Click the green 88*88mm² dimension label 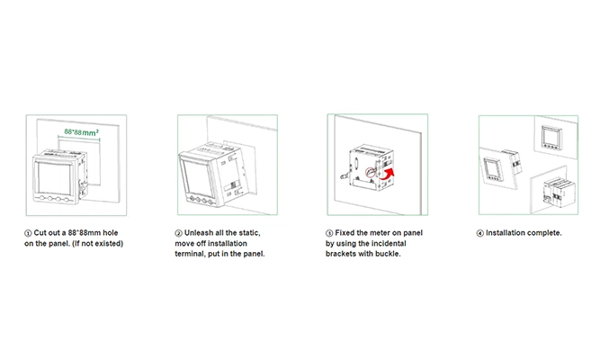click(x=82, y=132)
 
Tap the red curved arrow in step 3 click(x=389, y=175)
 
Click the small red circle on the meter click(x=371, y=172)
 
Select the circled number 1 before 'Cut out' click(x=28, y=233)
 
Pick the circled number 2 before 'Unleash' click(x=179, y=233)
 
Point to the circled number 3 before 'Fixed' click(x=329, y=233)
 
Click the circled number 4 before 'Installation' click(x=480, y=233)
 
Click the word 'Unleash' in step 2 click(x=199, y=233)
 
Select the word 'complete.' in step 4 click(x=544, y=233)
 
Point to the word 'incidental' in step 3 click(x=388, y=244)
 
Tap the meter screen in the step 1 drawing click(x=54, y=178)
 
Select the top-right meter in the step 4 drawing click(x=551, y=138)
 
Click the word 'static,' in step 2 click(x=248, y=233)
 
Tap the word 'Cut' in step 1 click(x=40, y=233)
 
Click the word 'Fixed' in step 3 click(x=345, y=233)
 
